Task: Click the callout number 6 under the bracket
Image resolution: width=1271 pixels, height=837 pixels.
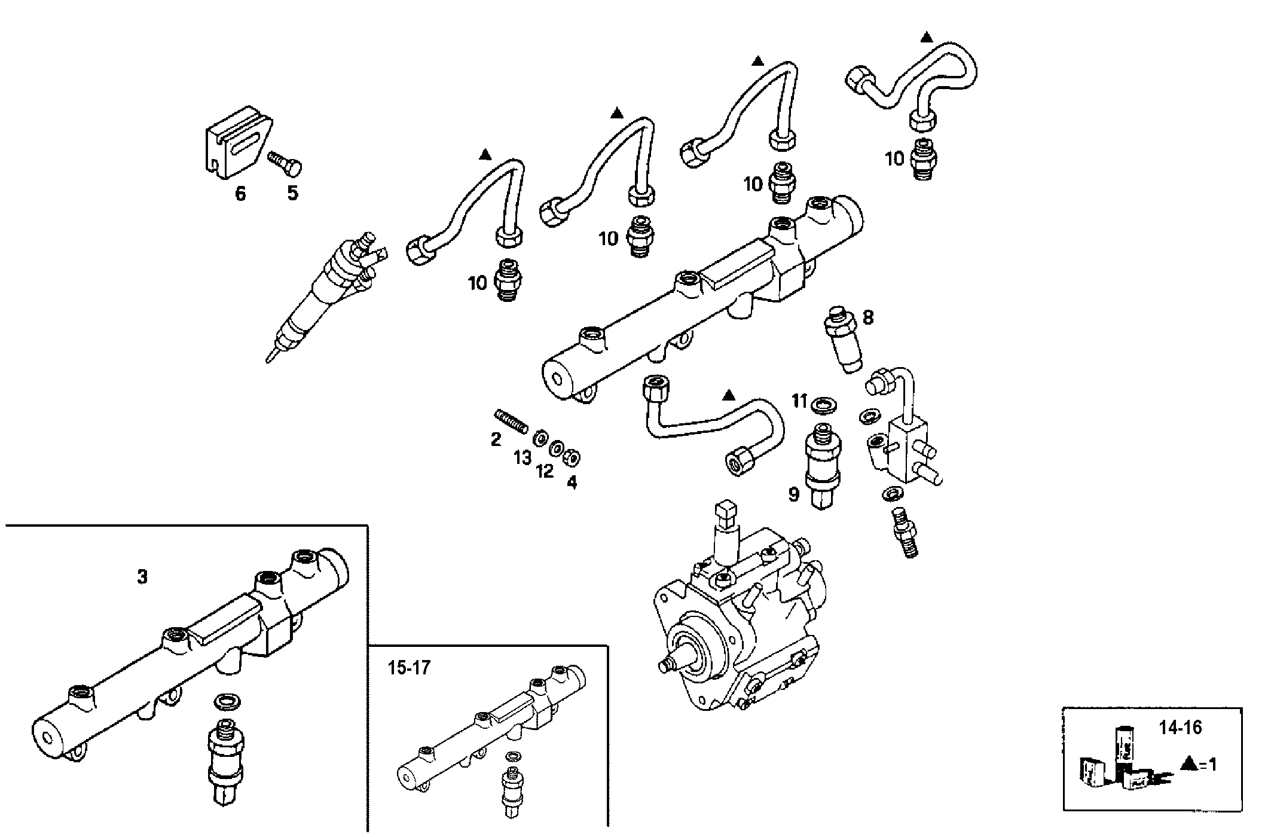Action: click(240, 194)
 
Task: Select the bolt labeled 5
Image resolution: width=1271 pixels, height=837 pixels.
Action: click(286, 163)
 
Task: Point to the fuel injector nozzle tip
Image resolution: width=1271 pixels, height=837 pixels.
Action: click(271, 357)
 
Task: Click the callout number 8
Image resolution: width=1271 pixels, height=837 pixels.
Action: click(868, 317)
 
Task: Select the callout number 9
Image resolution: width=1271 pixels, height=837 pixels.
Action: click(793, 494)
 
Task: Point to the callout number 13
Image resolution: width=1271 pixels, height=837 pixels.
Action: click(523, 458)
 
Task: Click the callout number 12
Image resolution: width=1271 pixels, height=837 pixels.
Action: click(545, 471)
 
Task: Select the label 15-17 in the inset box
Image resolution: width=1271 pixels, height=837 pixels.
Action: click(409, 668)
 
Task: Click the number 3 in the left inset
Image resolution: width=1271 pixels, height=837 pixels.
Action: click(142, 578)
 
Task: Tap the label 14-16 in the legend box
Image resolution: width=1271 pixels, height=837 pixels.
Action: click(1180, 728)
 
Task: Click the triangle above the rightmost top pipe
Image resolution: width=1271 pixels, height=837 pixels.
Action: click(926, 37)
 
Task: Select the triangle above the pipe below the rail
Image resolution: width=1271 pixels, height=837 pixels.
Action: click(728, 395)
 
